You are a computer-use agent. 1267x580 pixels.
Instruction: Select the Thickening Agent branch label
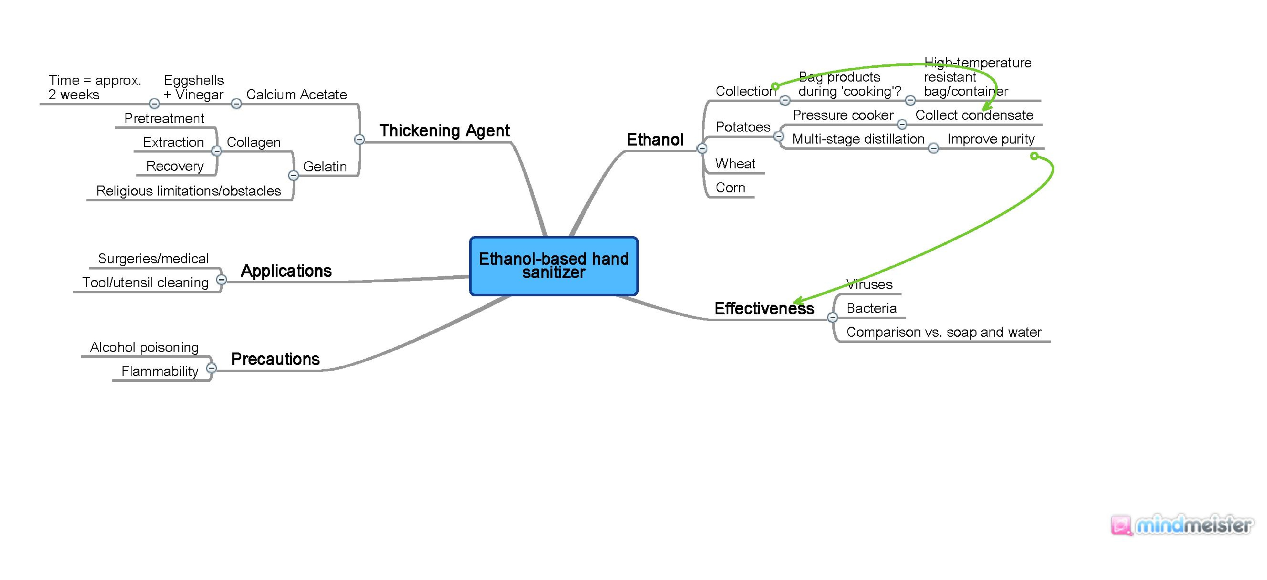444,131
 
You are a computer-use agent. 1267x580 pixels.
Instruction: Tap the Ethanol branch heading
655,140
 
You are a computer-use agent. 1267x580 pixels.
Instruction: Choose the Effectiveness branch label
764,308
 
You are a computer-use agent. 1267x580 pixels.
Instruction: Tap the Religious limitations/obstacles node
188,191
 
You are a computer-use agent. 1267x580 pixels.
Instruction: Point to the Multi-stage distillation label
858,139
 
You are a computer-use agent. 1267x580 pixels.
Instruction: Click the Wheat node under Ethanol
735,164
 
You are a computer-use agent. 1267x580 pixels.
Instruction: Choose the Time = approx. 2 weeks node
94,87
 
